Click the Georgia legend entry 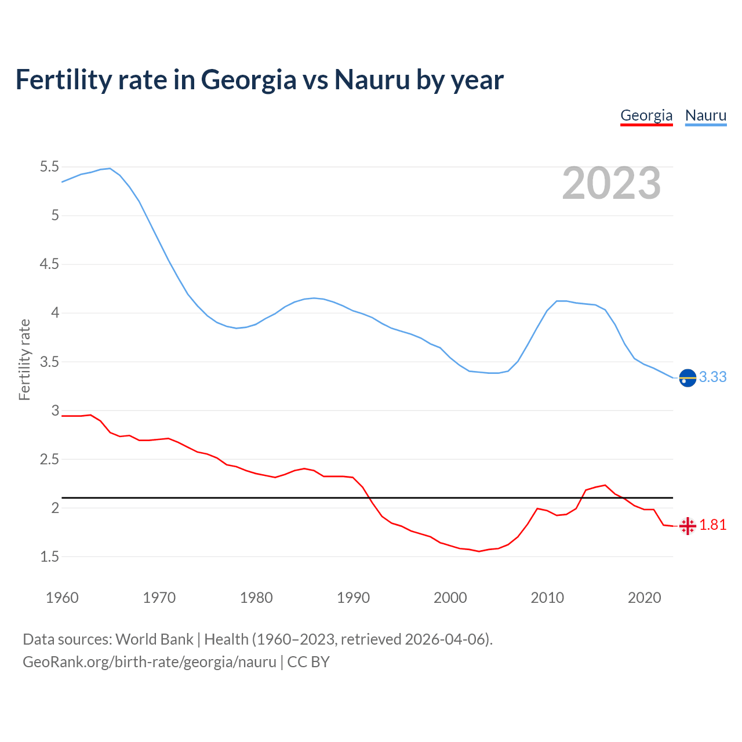coord(646,115)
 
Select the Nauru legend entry coord(705,115)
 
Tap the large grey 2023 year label coord(612,183)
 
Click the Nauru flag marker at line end coord(688,377)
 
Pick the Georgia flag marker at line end coord(688,526)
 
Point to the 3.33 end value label coord(712,377)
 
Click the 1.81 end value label coord(712,525)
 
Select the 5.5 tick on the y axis coord(49,167)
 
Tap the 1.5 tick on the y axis coord(49,557)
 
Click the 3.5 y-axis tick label coord(49,362)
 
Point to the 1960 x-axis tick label coord(62,598)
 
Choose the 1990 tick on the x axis coord(353,598)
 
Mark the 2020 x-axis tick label coord(644,598)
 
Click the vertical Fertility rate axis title coord(24,359)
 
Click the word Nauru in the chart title coord(372,80)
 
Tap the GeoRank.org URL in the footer coord(150,662)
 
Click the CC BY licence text coord(308,662)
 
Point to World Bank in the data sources coord(154,639)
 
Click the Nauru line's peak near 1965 coord(110,169)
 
